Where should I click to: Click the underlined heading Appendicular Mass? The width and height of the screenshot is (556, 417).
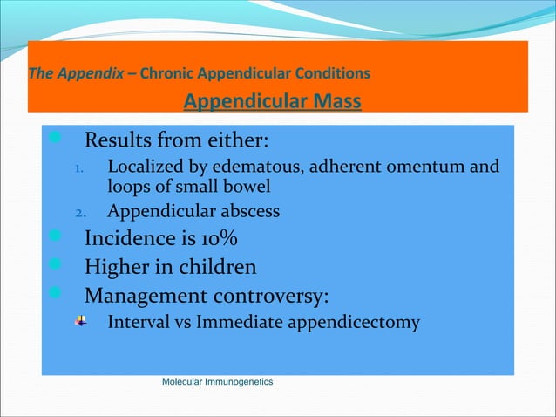click(x=272, y=103)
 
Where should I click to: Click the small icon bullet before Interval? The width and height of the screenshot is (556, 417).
click(x=80, y=321)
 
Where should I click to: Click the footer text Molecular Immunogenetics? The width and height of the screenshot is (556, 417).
click(x=218, y=382)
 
